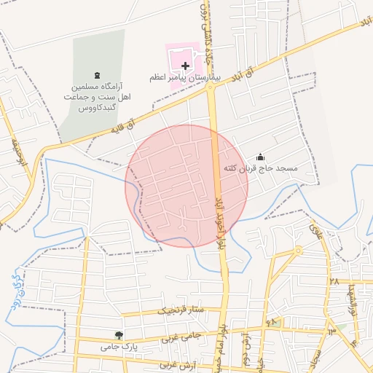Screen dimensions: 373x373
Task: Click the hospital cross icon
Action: (x=185, y=66)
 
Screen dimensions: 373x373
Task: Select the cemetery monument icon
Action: (x=98, y=75)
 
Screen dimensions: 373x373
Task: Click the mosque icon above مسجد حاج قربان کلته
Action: (x=260, y=157)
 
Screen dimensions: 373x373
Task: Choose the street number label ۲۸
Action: (x=334, y=281)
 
